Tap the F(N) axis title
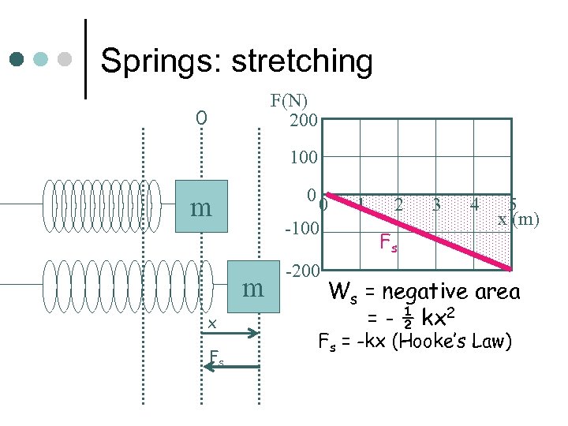click(x=290, y=101)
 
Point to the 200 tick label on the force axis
click(x=303, y=121)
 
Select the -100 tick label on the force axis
click(x=301, y=230)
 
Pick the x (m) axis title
click(x=518, y=219)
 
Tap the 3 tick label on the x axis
click(x=436, y=204)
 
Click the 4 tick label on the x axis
click(x=474, y=204)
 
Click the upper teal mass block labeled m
click(x=201, y=207)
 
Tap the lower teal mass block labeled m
click(x=253, y=288)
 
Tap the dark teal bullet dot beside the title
click(x=17, y=59)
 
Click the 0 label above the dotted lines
click(x=202, y=118)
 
